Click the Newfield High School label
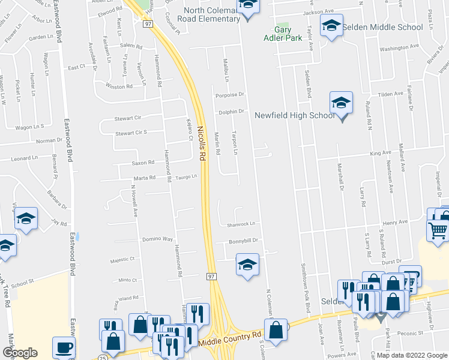point(294,116)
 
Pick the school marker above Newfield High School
point(340,103)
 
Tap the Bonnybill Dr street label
point(243,241)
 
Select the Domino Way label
point(157,239)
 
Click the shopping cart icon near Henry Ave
point(438,229)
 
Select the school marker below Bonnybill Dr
point(247,264)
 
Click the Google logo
point(20,353)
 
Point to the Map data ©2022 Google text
point(411,355)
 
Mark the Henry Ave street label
point(395,223)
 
